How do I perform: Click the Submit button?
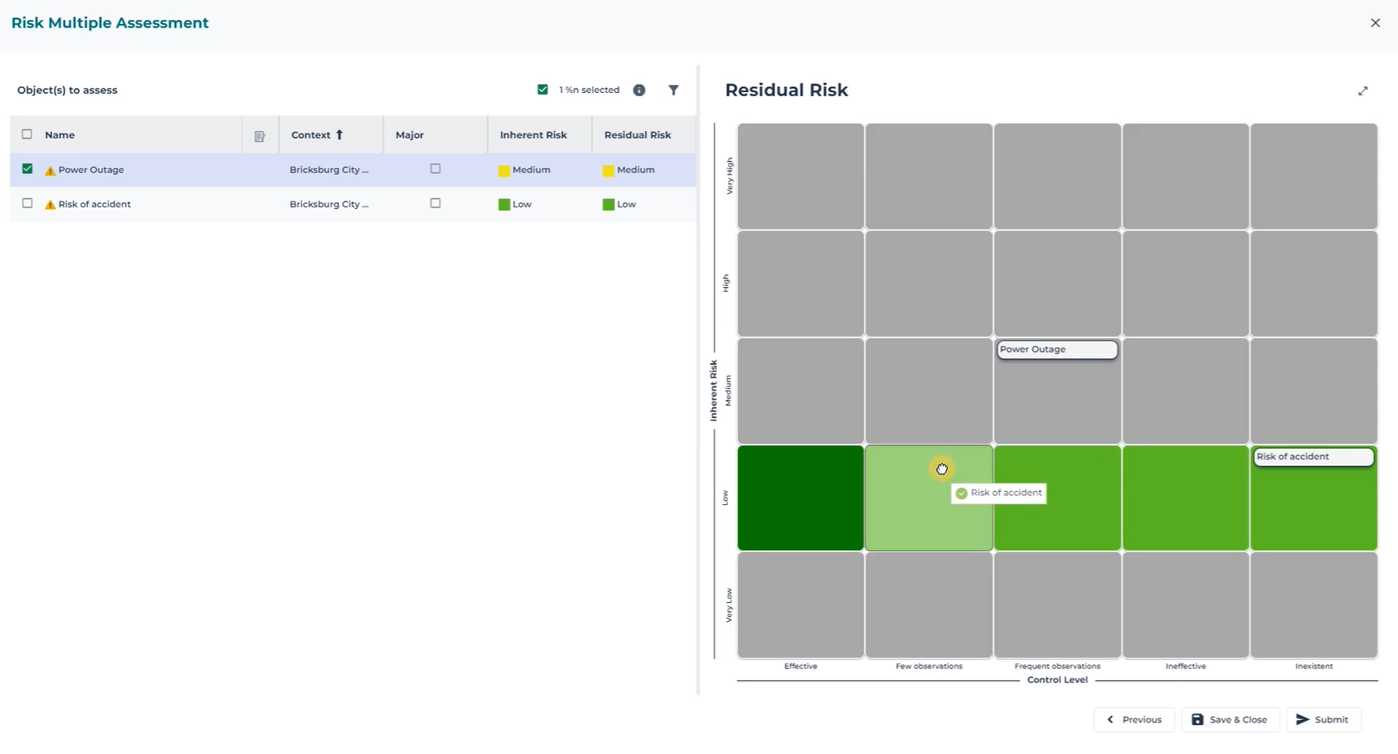(1323, 719)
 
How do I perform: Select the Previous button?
(1134, 719)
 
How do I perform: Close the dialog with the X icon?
(1376, 23)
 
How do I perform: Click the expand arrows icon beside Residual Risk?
(1363, 91)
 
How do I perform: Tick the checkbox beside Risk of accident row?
(27, 203)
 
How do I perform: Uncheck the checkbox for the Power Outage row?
(27, 168)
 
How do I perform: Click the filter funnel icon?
(673, 90)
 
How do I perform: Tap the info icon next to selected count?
(639, 90)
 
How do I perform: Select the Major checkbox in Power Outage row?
(435, 168)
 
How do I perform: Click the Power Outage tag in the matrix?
(1057, 349)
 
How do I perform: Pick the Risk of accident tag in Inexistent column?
(1313, 457)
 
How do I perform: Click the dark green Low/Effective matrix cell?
(800, 498)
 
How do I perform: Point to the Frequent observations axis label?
(1057, 666)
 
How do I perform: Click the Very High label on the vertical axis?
(730, 176)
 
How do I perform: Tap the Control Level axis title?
(1057, 680)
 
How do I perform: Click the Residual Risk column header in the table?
(638, 134)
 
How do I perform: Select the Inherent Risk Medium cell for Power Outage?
(526, 170)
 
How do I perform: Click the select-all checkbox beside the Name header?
(27, 134)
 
